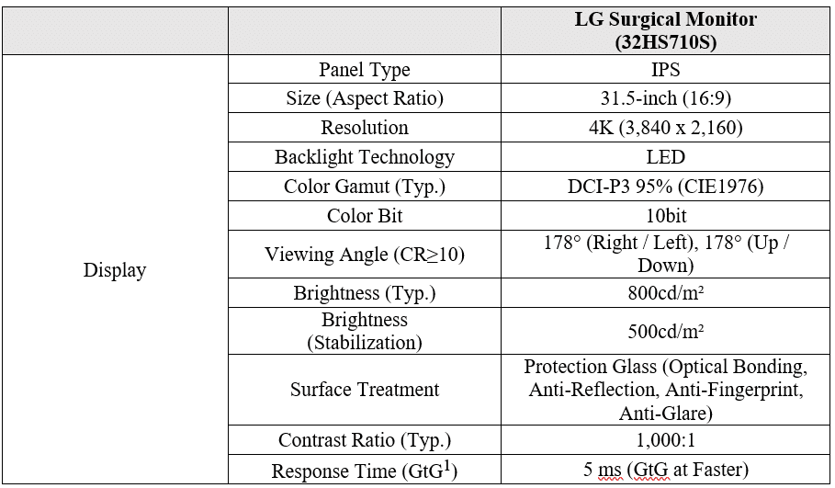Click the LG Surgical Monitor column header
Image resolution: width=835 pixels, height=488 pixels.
click(x=665, y=30)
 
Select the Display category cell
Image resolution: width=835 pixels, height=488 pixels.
click(x=115, y=270)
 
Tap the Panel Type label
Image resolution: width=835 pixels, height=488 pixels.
click(x=365, y=70)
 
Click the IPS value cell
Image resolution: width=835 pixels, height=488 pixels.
click(x=665, y=70)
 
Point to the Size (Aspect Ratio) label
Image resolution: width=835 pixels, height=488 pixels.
click(x=365, y=98)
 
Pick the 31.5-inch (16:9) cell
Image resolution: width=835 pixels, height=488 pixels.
click(x=665, y=98)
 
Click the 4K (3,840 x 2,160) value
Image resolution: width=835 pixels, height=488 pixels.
click(x=665, y=128)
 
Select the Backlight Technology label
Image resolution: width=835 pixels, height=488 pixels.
click(x=365, y=157)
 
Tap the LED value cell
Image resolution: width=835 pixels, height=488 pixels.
click(x=665, y=157)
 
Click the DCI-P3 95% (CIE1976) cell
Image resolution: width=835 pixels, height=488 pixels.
click(x=665, y=187)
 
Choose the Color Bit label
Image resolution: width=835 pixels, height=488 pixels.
click(x=365, y=216)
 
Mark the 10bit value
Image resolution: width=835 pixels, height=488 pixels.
click(x=665, y=216)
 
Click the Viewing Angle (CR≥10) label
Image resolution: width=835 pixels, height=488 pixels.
click(x=365, y=255)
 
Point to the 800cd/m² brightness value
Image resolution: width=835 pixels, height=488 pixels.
click(x=665, y=293)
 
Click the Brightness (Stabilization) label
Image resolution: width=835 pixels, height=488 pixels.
click(x=365, y=331)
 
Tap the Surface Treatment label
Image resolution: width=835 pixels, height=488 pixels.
click(x=365, y=390)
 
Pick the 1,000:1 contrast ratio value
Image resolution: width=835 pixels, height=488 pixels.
click(x=665, y=440)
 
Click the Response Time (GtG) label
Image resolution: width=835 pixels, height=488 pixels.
click(x=365, y=471)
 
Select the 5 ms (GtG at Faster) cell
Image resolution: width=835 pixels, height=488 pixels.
click(x=665, y=470)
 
